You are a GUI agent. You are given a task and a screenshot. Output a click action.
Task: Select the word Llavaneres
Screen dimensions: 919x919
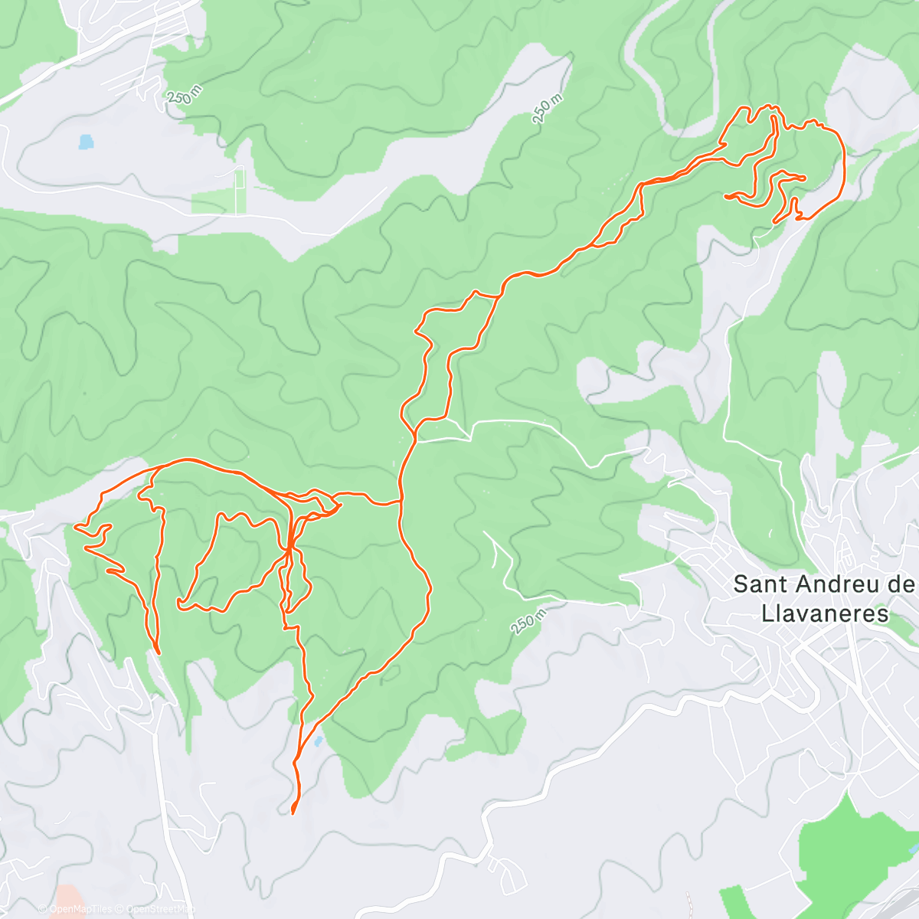point(825,613)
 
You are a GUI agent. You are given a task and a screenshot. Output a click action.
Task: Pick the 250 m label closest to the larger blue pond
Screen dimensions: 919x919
point(185,95)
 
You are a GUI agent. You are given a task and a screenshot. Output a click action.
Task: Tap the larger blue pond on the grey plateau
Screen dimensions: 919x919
point(86,142)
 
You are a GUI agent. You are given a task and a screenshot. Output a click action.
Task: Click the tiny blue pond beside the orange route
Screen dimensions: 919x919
point(317,741)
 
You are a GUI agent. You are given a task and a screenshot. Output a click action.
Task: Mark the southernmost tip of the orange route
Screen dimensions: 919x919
point(293,813)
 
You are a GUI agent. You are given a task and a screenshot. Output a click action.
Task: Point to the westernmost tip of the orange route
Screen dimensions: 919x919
point(74,527)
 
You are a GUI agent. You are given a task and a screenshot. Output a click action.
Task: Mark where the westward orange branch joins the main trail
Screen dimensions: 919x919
point(400,502)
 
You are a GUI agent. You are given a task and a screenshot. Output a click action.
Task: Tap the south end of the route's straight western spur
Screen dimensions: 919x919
point(157,652)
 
